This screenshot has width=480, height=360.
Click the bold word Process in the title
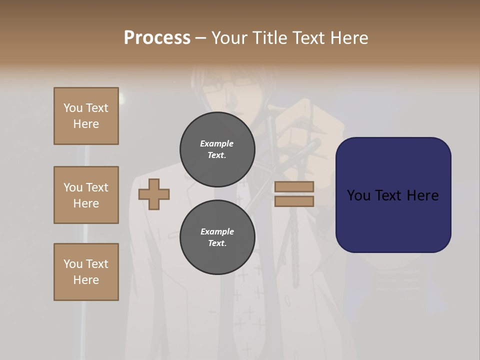(157, 38)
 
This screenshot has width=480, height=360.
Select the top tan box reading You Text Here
(86, 116)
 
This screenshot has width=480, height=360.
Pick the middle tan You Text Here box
(86, 195)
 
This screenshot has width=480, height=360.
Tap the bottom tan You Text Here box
(86, 272)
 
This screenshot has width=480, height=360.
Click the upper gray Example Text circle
(217, 149)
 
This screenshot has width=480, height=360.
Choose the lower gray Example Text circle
(217, 237)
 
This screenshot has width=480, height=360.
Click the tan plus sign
(154, 194)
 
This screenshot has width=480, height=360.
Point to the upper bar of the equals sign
(294, 186)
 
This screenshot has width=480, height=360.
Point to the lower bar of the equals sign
(294, 201)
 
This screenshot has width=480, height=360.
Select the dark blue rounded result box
(393, 195)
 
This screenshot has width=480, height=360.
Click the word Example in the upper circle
(216, 143)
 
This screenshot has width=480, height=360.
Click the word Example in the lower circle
(217, 231)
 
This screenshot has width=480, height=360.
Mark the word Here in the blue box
(422, 195)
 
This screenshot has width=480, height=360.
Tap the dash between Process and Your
(201, 38)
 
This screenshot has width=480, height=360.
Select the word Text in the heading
(306, 38)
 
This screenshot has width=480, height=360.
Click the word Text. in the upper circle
(217, 155)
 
